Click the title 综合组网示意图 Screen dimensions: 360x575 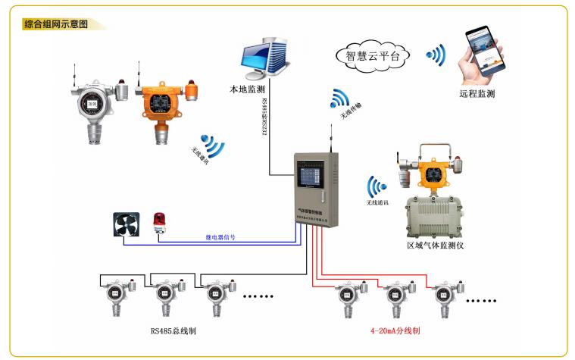tap(56, 23)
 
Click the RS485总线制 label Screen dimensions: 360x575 tap(176, 330)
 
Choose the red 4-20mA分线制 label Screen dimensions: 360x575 tap(395, 331)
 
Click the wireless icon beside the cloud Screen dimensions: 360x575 tap(435, 55)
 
